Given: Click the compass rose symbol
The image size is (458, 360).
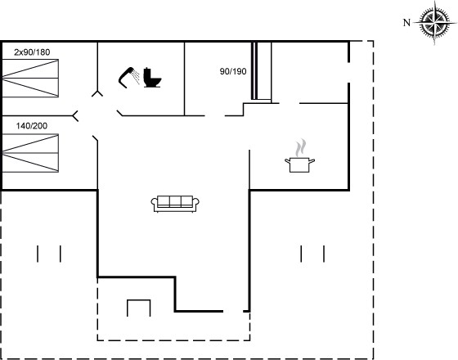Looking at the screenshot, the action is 434,22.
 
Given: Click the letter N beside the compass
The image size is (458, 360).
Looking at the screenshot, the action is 407,23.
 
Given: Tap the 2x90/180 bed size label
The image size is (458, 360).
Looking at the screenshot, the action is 32,52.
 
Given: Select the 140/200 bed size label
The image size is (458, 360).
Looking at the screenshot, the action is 32,126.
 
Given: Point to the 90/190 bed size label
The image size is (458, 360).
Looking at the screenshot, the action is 233,71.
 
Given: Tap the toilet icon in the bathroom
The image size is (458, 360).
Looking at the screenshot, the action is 152,78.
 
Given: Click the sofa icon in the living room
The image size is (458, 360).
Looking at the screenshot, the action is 175,204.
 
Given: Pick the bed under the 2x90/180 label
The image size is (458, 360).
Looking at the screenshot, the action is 30,78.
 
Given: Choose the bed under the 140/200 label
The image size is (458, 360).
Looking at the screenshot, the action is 30,153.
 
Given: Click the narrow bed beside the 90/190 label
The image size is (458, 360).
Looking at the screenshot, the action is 262,71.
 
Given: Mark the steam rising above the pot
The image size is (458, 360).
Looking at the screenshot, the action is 301,148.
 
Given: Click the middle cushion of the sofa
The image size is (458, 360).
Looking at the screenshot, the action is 175,201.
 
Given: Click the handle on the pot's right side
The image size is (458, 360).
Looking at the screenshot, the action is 312,160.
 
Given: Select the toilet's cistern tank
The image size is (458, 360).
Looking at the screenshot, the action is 147,73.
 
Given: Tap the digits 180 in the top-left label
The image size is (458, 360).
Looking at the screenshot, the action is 43,52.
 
